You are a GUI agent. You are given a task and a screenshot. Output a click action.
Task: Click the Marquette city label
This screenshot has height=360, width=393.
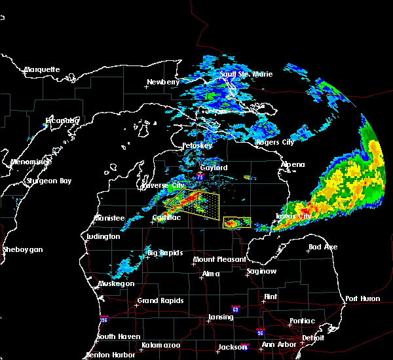point(42,69)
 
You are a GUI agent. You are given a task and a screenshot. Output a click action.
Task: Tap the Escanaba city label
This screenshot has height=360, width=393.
point(62,120)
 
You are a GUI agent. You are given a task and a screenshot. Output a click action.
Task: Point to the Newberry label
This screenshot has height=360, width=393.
point(162,82)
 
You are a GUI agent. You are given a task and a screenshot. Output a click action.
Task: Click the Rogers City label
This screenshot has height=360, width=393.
point(275,142)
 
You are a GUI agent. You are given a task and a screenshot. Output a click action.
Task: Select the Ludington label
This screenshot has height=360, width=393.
point(103,236)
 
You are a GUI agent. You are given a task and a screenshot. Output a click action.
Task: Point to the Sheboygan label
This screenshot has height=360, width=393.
point(23,249)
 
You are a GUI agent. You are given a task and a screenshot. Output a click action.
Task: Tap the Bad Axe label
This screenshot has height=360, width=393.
point(323,247)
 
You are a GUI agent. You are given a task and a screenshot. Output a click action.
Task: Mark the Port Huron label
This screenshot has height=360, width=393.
point(361,298)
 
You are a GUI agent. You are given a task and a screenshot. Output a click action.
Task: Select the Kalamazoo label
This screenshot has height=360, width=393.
point(161,345)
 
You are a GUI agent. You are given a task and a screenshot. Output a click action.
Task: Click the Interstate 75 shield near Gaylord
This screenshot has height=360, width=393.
point(200,175)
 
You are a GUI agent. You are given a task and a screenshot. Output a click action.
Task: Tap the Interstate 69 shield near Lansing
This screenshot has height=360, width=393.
point(235,308)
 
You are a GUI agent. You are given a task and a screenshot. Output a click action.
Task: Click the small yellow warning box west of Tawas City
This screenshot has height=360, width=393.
point(236,223)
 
